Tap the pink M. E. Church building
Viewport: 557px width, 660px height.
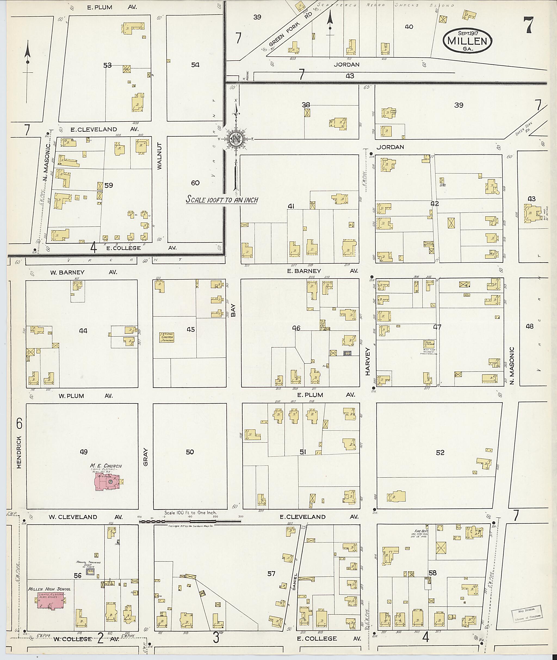pyautogui.click(x=106, y=482)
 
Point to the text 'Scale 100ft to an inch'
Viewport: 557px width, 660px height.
pyautogui.click(x=222, y=199)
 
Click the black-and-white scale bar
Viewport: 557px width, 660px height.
pyautogui.click(x=190, y=521)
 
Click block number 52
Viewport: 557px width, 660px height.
pyautogui.click(x=440, y=453)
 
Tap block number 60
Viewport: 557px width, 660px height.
pyautogui.click(x=195, y=183)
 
